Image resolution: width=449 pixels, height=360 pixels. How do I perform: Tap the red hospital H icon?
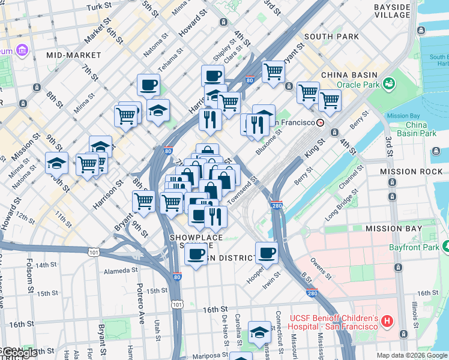[x=387, y=322]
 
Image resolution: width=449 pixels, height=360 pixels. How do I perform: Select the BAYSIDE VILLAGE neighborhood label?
[x=392, y=11]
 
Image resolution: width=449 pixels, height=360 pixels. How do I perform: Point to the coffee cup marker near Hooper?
[x=267, y=252]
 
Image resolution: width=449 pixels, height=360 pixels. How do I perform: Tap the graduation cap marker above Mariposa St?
[x=259, y=331]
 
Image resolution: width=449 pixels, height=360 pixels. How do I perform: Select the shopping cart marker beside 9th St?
[x=143, y=201]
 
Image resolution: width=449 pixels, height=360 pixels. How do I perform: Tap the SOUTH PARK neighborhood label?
[x=331, y=36]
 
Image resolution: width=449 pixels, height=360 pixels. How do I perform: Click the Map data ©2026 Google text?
[x=411, y=355]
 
